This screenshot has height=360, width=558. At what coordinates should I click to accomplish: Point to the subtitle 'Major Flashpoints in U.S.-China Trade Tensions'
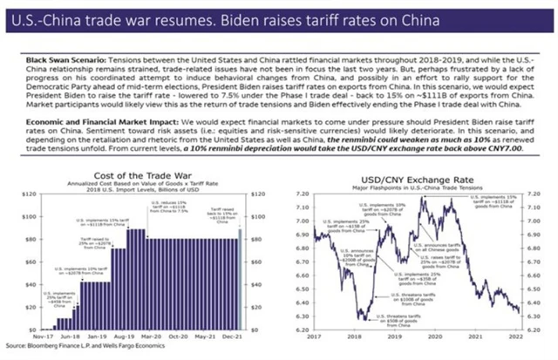[x=418, y=187]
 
